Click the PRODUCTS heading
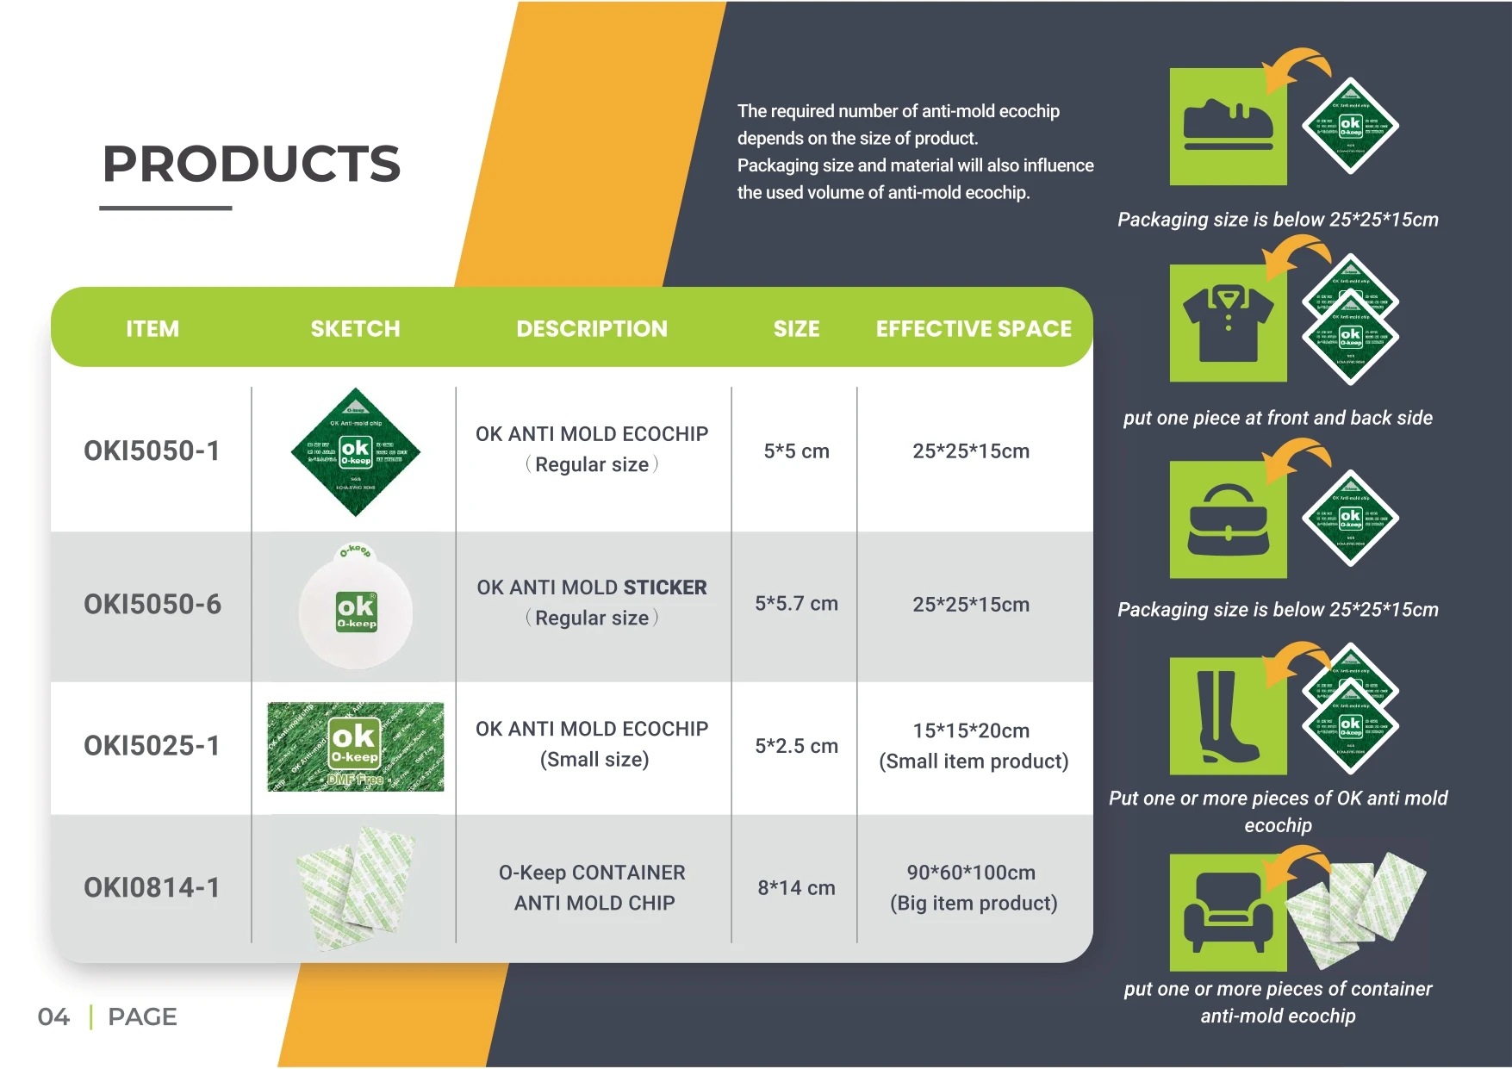tap(252, 164)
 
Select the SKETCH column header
tap(355, 328)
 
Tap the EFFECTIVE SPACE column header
tap(974, 328)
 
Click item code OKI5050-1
tap(152, 451)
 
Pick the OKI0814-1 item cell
tap(152, 887)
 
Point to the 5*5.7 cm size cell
tap(796, 604)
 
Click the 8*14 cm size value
tap(796, 887)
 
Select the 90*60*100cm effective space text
tap(971, 873)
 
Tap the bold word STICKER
tap(664, 587)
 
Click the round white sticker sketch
tap(356, 610)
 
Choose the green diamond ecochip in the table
tap(355, 452)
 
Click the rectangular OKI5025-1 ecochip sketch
tap(355, 746)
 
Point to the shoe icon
tap(1228, 126)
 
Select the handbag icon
tap(1228, 519)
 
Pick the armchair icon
tap(1228, 911)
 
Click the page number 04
tap(53, 1017)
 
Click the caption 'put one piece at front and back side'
tap(1278, 418)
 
